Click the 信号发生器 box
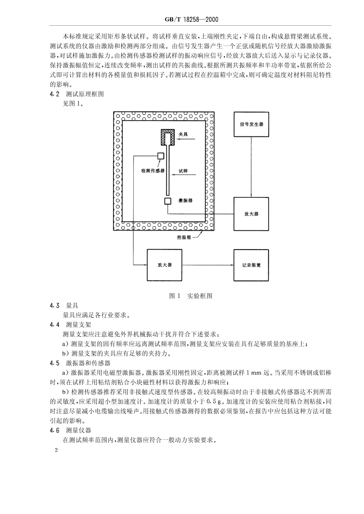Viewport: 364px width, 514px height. pyautogui.click(x=251, y=124)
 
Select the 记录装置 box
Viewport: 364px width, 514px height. pyautogui.click(x=251, y=265)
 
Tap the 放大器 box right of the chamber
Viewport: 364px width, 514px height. pyautogui.click(x=251, y=214)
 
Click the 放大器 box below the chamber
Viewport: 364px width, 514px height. pyautogui.click(x=165, y=265)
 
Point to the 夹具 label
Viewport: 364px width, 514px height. pyautogui.click(x=183, y=134)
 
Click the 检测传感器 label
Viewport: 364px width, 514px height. pyautogui.click(x=153, y=171)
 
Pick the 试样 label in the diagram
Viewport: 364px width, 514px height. pyautogui.click(x=183, y=171)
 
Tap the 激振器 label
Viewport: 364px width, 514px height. pyautogui.click(x=185, y=200)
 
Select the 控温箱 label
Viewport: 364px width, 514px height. pyautogui.click(x=184, y=237)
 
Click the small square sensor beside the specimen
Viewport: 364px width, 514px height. pyautogui.click(x=161, y=156)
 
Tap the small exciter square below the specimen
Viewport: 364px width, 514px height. pyautogui.click(x=168, y=201)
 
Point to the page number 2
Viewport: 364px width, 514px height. pyautogui.click(x=56, y=450)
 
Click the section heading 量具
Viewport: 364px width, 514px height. pyautogui.click(x=72, y=305)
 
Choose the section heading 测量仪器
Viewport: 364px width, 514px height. pyautogui.click(x=78, y=430)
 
